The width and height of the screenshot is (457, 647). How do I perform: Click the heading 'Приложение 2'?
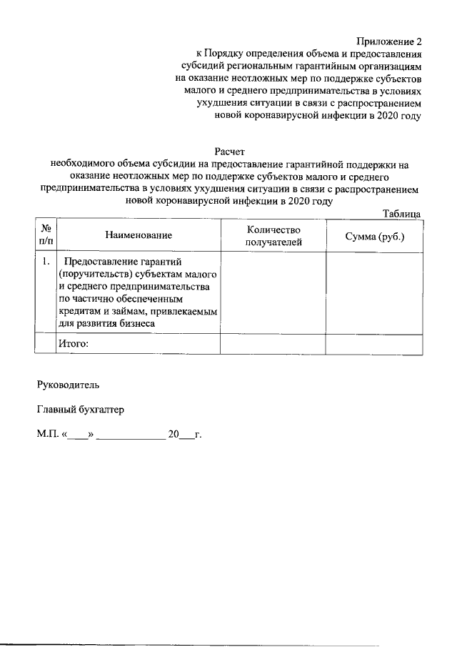(389, 41)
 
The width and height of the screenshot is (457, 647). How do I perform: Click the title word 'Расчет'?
(229, 151)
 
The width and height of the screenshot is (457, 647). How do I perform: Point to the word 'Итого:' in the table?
(74, 344)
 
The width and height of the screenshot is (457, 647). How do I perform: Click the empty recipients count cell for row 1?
(273, 293)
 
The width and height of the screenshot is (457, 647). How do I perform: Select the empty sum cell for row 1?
(374, 293)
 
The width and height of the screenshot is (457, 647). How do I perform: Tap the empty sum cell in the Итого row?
(374, 344)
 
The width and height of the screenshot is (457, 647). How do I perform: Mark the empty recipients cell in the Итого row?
(273, 344)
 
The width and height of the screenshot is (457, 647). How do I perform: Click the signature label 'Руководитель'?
(64, 384)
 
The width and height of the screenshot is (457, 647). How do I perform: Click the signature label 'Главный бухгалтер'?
(80, 410)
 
